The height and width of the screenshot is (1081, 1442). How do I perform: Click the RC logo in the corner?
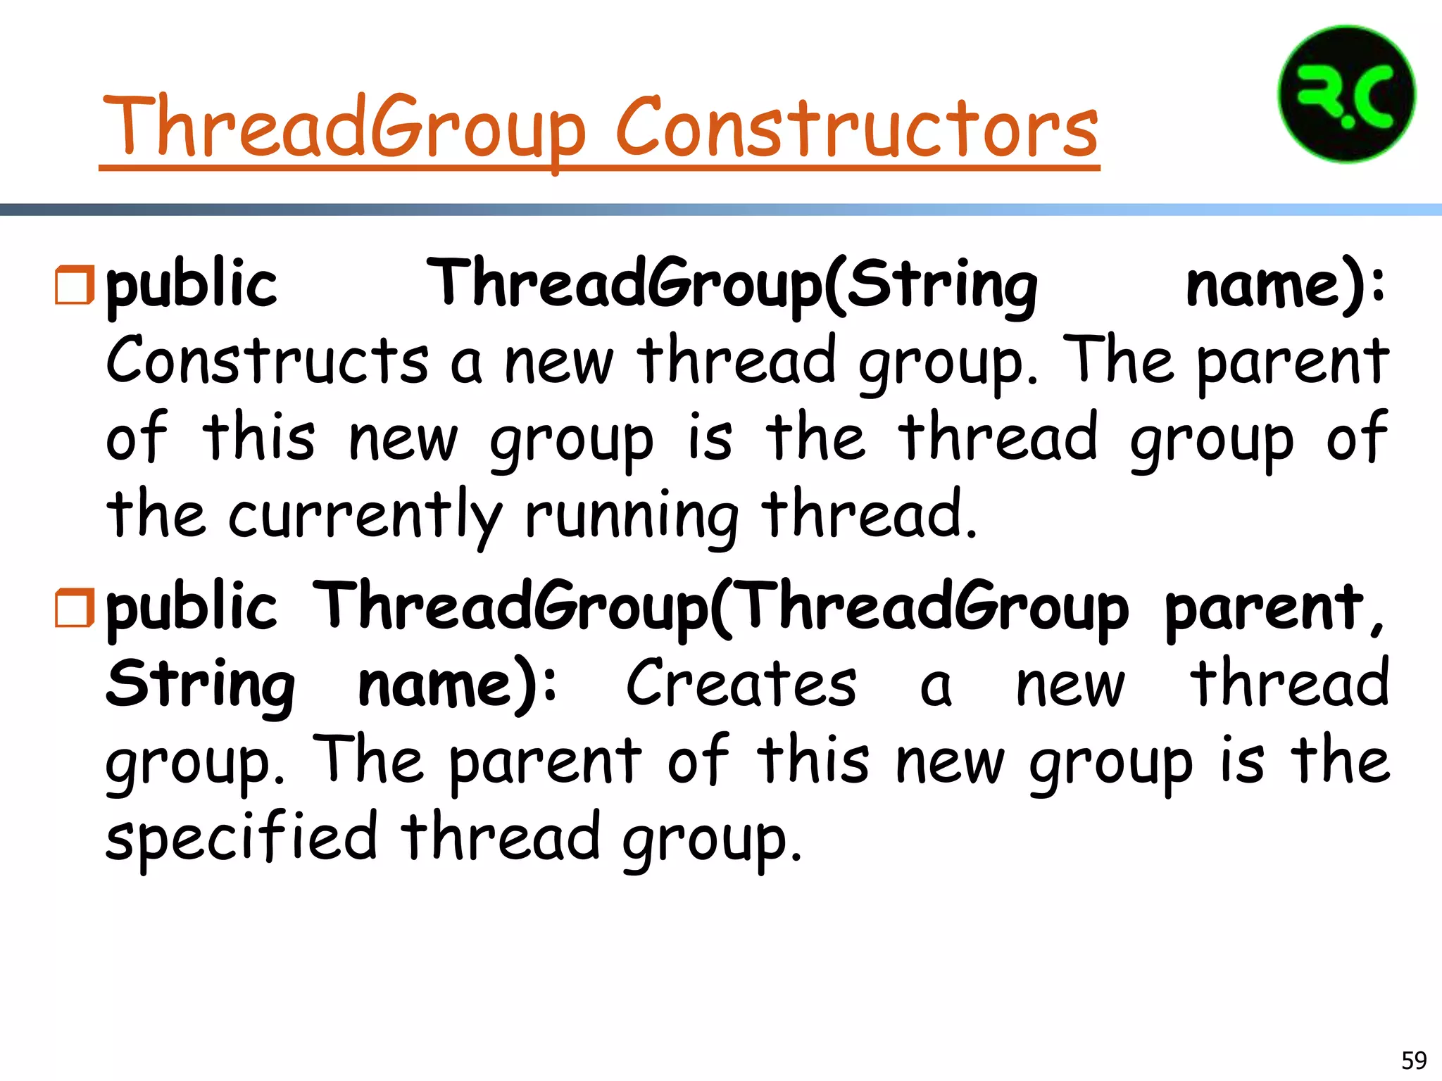click(x=1346, y=94)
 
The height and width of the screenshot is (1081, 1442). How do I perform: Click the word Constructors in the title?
click(x=857, y=128)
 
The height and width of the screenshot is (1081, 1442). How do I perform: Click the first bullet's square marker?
click(x=74, y=285)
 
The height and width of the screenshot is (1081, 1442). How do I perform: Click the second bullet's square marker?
click(x=74, y=608)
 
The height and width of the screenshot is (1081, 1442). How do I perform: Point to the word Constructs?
click(x=267, y=360)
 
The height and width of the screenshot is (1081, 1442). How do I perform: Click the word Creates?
click(x=741, y=684)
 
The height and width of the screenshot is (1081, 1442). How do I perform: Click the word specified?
click(x=242, y=837)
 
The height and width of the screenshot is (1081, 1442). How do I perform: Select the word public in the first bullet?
click(x=192, y=285)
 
